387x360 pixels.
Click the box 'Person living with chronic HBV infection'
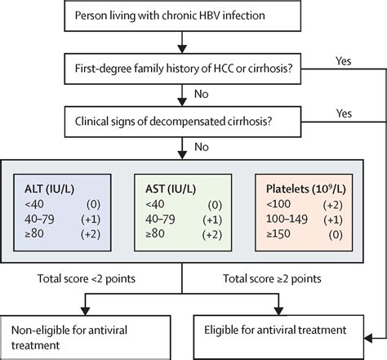(183, 16)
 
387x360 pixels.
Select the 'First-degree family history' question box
(183, 69)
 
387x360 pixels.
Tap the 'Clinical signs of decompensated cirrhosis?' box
(183, 122)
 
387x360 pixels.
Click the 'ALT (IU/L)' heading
(49, 189)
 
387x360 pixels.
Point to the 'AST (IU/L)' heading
(171, 189)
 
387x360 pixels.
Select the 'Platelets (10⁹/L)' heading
(306, 189)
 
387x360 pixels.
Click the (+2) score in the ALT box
(91, 234)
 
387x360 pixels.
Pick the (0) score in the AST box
(215, 205)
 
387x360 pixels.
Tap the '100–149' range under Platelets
(287, 219)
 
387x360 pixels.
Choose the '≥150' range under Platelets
(278, 233)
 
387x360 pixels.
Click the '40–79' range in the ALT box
(39, 219)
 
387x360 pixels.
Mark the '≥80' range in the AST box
(155, 233)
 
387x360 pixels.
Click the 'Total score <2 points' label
(87, 278)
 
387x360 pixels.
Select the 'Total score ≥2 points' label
(272, 278)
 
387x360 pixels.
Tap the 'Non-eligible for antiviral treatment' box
(85, 337)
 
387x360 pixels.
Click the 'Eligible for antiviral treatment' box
(278, 337)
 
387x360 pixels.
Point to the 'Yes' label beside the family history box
(344, 61)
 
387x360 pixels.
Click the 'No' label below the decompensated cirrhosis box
(202, 147)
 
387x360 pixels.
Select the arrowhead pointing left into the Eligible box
(368, 339)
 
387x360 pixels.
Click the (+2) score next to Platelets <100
(332, 205)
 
